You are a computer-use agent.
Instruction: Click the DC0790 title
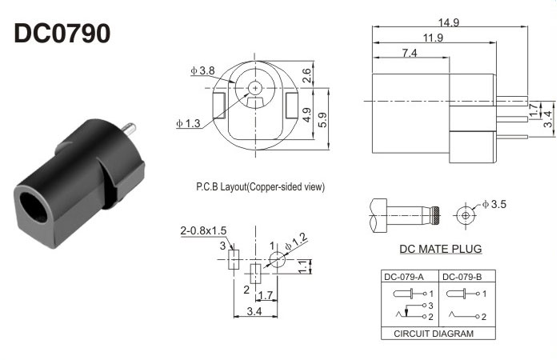click(62, 34)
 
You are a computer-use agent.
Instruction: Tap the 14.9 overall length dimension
click(449, 22)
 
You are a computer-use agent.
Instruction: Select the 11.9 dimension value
click(434, 38)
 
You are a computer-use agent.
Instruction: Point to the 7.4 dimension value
click(410, 53)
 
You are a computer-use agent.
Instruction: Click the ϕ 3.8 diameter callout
click(202, 70)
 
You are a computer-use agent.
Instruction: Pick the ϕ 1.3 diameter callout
click(188, 123)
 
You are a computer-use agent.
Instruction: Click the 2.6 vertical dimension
click(306, 75)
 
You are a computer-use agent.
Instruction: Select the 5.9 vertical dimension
click(322, 120)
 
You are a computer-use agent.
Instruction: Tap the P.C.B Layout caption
click(260, 186)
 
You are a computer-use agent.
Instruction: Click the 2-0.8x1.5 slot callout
click(203, 230)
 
